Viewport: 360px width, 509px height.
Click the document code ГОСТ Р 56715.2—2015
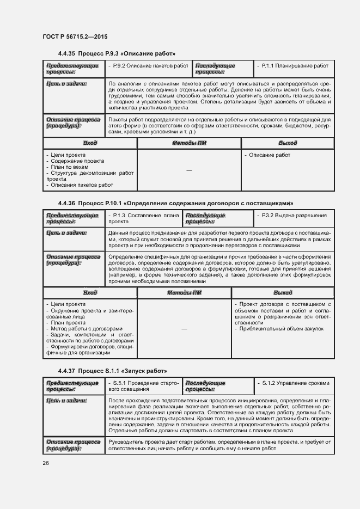75,36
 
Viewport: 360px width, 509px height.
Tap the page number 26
46,463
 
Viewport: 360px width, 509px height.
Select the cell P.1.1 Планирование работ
295,66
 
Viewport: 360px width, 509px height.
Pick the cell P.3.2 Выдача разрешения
294,216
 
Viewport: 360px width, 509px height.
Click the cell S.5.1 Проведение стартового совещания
144,387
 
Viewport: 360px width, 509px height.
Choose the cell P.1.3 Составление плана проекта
144,219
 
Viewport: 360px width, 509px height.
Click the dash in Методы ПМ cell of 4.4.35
189,171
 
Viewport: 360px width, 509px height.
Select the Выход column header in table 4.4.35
288,143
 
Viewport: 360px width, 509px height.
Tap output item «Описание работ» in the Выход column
269,155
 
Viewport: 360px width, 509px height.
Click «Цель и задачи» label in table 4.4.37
66,401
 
